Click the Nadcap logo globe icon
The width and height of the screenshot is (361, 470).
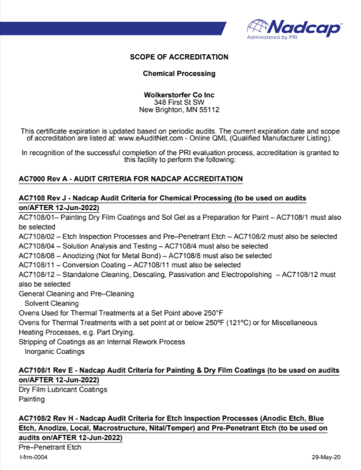(257, 26)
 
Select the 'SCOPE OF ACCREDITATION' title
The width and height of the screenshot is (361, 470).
(179, 57)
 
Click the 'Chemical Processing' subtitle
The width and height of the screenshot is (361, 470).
(179, 74)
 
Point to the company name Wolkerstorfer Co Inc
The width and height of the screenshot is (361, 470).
(179, 94)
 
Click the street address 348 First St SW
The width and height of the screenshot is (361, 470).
(179, 101)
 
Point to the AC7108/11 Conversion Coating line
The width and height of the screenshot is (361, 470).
(129, 265)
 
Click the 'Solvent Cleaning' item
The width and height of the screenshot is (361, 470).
(51, 303)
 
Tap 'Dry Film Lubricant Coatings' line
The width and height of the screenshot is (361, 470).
(63, 389)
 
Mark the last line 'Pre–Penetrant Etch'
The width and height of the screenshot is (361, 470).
(50, 447)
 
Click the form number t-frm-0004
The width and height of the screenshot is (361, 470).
(33, 457)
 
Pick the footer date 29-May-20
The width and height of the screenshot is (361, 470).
(325, 457)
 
